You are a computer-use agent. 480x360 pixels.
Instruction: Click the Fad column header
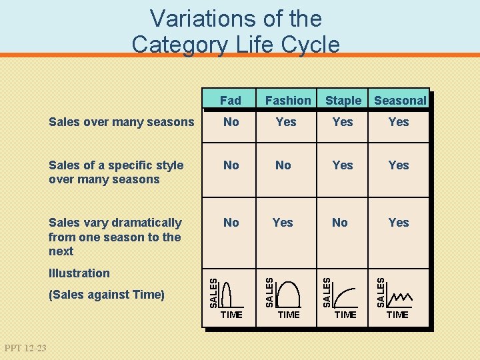[x=230, y=101]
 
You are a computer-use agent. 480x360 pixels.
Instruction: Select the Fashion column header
[x=288, y=101]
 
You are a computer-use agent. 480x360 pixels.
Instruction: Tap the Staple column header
[x=343, y=101]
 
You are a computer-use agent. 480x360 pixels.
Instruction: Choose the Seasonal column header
[x=400, y=101]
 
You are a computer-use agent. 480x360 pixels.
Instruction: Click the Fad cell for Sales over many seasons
[x=231, y=122]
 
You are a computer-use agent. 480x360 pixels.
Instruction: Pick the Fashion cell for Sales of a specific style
[x=283, y=165]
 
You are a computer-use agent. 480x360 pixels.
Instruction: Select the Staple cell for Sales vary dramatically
[x=340, y=223]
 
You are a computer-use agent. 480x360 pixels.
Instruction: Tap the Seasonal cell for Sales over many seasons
[x=399, y=122]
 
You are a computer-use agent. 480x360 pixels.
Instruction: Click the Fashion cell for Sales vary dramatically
[x=283, y=223]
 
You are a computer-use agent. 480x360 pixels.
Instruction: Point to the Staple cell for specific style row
[x=343, y=165]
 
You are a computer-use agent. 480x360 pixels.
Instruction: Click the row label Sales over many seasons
[x=121, y=122]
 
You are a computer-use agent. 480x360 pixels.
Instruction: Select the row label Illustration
[x=79, y=273]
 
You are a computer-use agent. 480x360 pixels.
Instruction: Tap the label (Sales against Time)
[x=107, y=295]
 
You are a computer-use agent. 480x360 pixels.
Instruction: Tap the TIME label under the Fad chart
[x=231, y=315]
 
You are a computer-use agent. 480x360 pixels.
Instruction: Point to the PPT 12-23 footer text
[x=25, y=347]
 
